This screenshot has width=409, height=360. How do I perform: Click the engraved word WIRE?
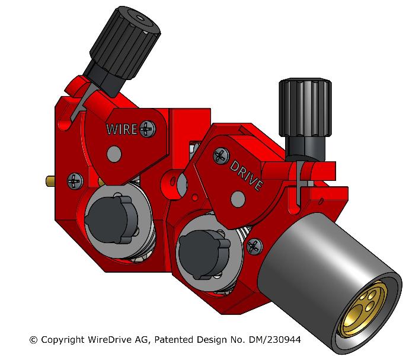click(x=123, y=128)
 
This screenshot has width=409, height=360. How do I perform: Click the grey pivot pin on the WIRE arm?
click(x=112, y=155)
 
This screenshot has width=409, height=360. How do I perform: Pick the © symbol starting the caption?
click(x=33, y=340)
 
